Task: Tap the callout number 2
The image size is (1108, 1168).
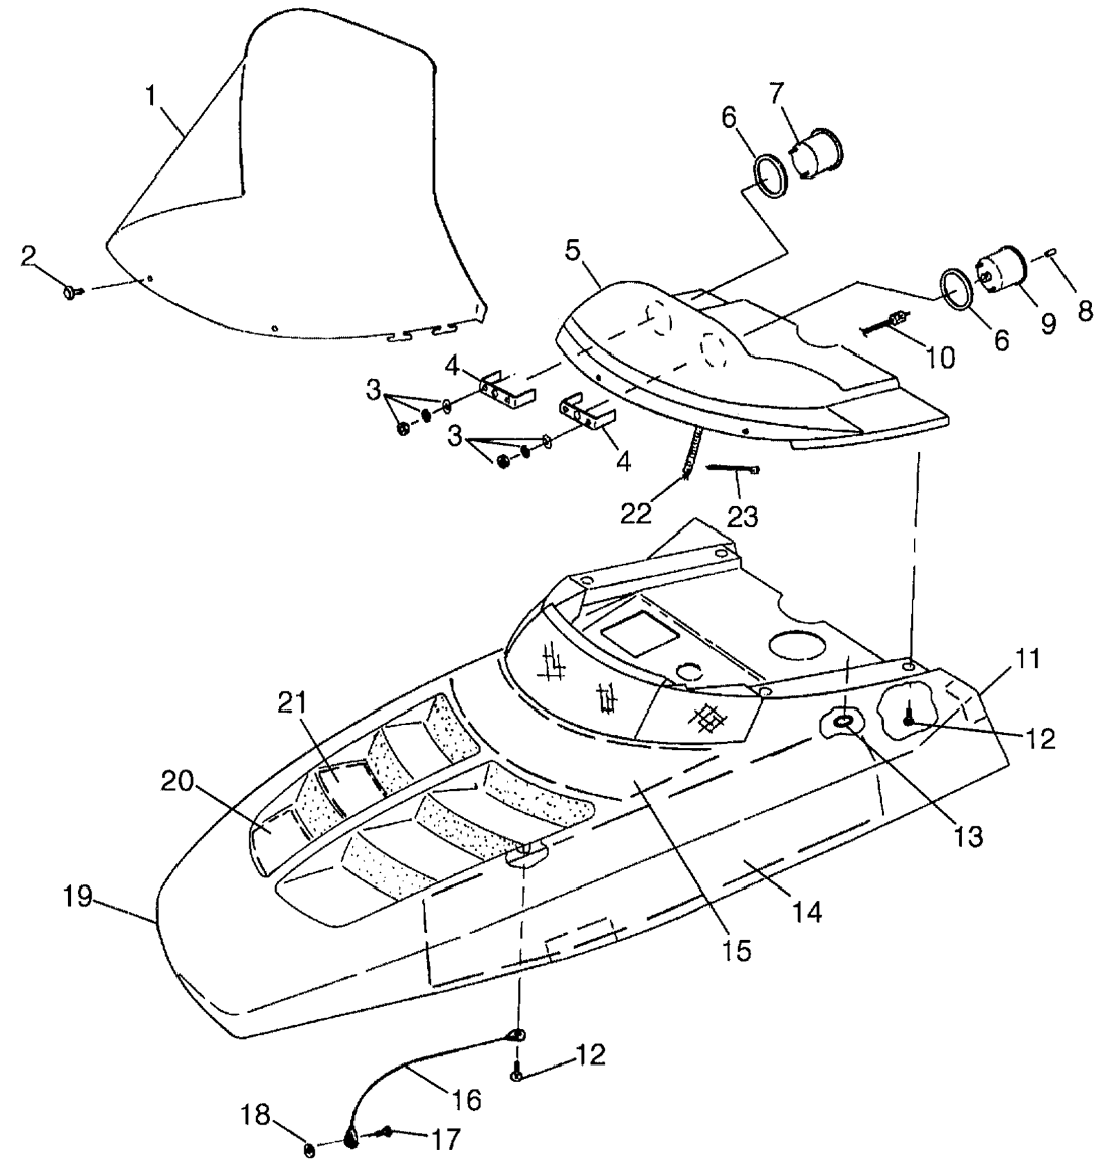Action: pos(28,256)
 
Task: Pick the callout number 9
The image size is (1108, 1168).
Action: pos(1047,323)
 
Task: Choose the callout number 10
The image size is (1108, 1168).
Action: pos(941,357)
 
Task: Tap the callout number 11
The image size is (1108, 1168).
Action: pos(1027,660)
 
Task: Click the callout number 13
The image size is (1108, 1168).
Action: pos(968,837)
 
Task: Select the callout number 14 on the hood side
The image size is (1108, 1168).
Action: pos(806,912)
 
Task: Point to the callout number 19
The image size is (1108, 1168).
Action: pos(78,897)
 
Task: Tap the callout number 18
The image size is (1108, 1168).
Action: pos(256,1115)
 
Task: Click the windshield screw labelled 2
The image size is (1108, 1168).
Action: pos(70,293)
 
